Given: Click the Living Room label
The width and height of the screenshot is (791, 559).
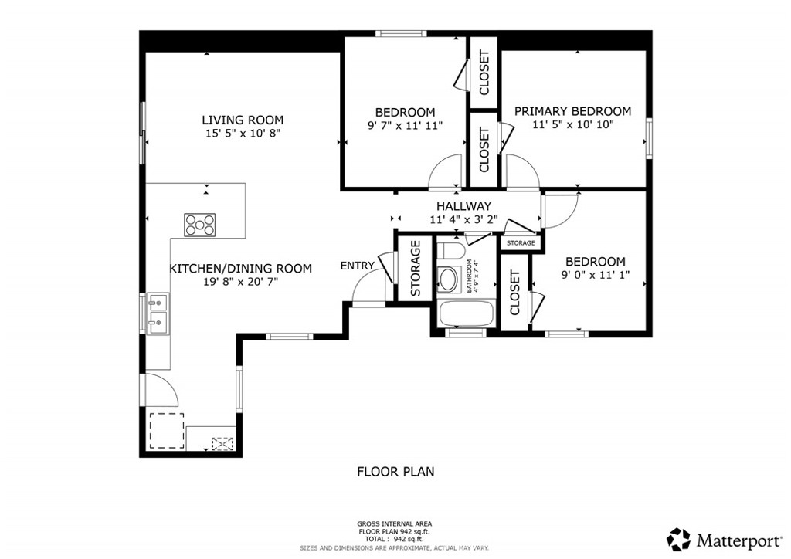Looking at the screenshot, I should click(243, 120).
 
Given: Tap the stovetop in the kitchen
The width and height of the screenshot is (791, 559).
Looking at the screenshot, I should click(199, 224).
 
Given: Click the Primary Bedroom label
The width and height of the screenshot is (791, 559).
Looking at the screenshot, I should click(572, 111).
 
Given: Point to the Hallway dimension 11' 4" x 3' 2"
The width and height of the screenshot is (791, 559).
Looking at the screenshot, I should click(463, 219).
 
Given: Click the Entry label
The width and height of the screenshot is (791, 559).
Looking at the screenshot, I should click(357, 266).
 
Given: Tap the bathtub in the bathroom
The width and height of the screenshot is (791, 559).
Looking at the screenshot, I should click(466, 314).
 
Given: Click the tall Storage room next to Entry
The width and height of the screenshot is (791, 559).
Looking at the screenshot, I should click(415, 268).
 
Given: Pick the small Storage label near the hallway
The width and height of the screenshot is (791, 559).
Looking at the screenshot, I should click(521, 243).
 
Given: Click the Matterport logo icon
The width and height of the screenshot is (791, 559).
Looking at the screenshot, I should click(679, 538).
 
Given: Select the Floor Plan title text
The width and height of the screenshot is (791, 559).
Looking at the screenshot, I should click(395, 471).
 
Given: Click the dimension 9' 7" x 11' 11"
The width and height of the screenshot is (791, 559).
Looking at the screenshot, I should click(405, 125).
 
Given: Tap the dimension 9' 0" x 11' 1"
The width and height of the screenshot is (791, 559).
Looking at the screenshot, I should click(595, 275).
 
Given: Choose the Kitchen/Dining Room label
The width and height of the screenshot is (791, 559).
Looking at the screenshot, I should click(240, 269).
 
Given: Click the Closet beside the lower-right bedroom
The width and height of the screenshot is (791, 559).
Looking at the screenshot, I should click(514, 294).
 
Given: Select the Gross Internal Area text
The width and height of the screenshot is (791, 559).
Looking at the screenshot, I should click(394, 523).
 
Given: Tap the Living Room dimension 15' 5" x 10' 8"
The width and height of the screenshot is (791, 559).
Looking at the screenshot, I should click(243, 134).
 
